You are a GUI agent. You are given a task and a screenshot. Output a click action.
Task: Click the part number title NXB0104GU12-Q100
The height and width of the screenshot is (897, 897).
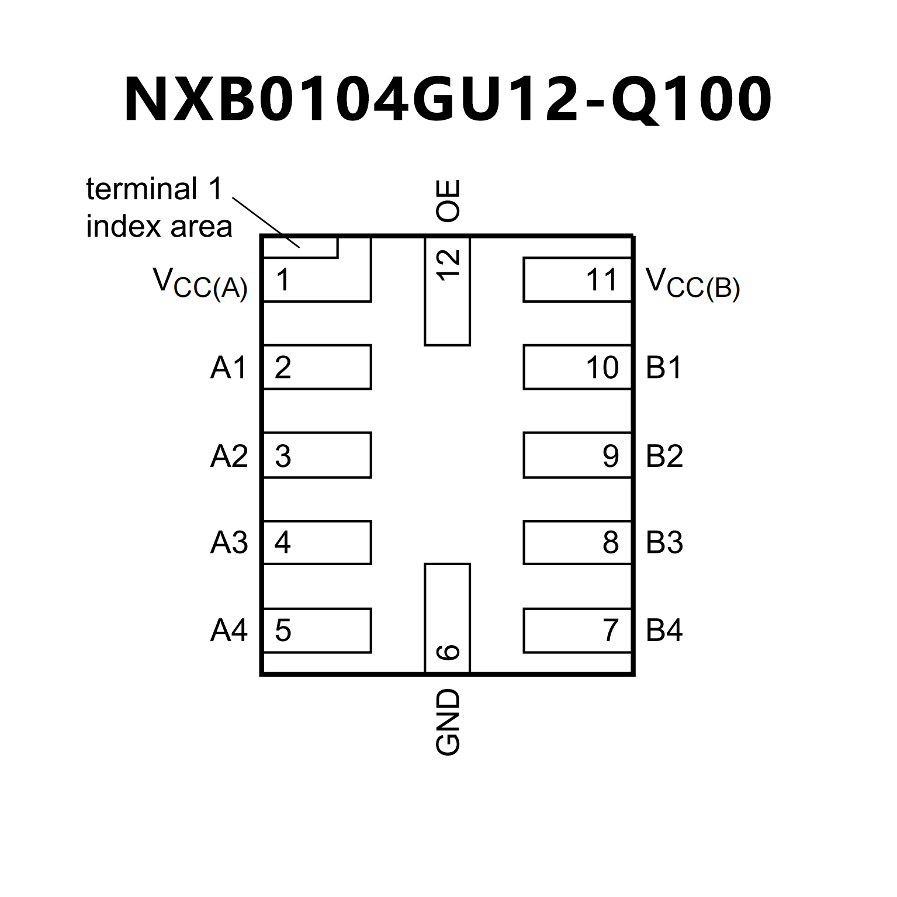pyautogui.click(x=448, y=99)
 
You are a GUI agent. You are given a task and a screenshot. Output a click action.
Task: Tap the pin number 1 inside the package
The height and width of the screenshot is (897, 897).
pyautogui.click(x=283, y=280)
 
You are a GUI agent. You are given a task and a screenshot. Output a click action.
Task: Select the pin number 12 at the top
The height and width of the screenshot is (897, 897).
pyautogui.click(x=448, y=265)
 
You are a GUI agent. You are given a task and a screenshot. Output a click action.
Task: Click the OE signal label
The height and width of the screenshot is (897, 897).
pyautogui.click(x=448, y=200)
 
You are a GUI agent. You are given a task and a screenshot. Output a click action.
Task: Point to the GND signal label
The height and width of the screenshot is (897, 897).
pyautogui.click(x=448, y=722)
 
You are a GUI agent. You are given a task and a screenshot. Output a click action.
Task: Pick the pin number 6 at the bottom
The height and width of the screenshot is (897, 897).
pyautogui.click(x=448, y=652)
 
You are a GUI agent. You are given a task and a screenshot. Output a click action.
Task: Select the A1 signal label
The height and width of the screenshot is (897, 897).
pyautogui.click(x=229, y=368)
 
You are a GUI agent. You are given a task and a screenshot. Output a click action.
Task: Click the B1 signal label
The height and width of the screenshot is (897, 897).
pyautogui.click(x=664, y=368)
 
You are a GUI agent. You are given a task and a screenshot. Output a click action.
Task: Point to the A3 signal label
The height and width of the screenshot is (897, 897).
pyautogui.click(x=229, y=543)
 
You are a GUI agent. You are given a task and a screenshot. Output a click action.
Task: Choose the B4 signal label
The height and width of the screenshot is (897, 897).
pyautogui.click(x=664, y=631)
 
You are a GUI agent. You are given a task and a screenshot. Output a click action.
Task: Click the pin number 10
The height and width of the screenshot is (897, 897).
pyautogui.click(x=602, y=368)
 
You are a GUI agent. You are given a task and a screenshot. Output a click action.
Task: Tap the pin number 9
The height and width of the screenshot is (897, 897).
pyautogui.click(x=611, y=456)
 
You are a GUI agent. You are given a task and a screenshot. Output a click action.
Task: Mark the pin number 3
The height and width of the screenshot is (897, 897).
pyautogui.click(x=283, y=456)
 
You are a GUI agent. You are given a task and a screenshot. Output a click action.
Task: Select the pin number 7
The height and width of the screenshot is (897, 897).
pyautogui.click(x=611, y=631)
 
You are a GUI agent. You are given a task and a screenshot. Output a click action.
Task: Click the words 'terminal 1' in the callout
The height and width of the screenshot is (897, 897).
pyautogui.click(x=155, y=189)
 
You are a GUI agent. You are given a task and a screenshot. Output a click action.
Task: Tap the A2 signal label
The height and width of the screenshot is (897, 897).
pyautogui.click(x=229, y=456)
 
